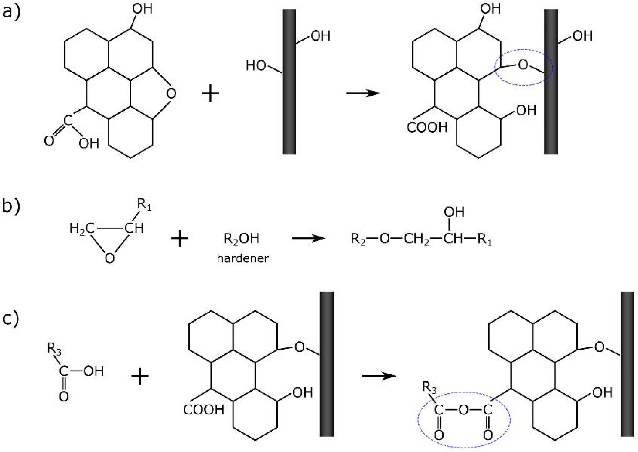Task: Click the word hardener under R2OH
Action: (243, 258)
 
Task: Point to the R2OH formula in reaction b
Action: (241, 239)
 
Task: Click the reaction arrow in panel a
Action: (362, 93)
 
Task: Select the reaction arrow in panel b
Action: (309, 239)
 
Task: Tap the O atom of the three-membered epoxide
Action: (110, 258)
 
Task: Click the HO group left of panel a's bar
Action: (255, 66)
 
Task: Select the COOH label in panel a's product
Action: (427, 128)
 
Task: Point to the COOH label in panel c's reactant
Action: (204, 410)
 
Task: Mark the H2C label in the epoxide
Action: (81, 229)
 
